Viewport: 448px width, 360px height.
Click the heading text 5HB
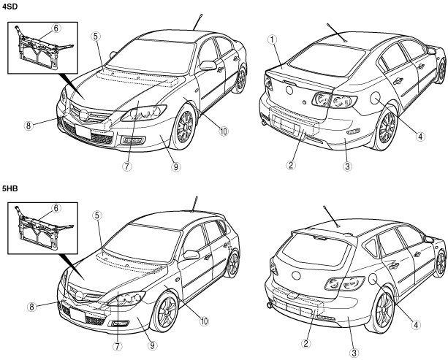tap(10, 188)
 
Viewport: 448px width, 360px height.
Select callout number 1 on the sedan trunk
tap(271, 39)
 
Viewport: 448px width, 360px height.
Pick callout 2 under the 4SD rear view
tap(291, 165)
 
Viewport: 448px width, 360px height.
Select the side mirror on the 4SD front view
tap(208, 65)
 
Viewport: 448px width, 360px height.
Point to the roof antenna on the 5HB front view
tap(194, 202)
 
